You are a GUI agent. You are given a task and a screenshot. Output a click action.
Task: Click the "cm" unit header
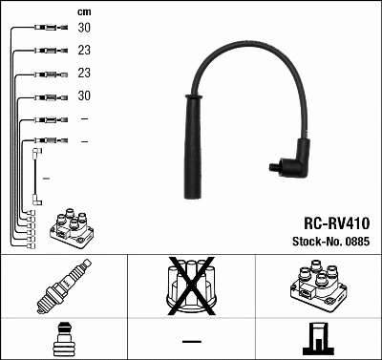point(84,11)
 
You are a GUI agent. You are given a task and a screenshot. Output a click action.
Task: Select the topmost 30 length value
point(84,28)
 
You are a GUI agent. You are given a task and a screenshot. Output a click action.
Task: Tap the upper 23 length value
point(84,51)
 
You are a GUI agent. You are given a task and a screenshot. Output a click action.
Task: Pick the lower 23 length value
point(84,73)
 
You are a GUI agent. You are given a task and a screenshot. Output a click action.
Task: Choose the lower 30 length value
point(84,95)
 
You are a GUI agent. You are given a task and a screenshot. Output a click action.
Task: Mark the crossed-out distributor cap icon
point(191,284)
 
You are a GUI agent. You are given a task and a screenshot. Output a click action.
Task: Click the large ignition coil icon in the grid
point(318,285)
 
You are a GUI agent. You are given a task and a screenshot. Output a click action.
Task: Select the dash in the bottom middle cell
point(191,340)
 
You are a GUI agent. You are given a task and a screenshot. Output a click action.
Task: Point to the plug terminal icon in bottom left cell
point(63,339)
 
